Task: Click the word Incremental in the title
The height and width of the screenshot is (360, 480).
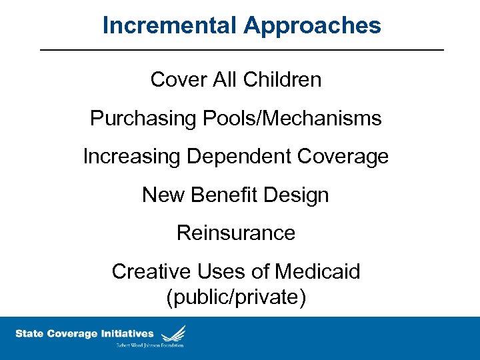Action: pyautogui.click(x=170, y=25)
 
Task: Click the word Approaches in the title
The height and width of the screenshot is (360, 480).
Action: pyautogui.click(x=312, y=25)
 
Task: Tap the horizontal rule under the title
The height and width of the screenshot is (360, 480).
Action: pyautogui.click(x=241, y=50)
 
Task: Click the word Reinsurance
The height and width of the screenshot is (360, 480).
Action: pyautogui.click(x=236, y=233)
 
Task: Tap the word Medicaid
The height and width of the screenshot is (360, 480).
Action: pyautogui.click(x=317, y=271)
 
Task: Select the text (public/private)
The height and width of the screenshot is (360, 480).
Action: pyautogui.click(x=236, y=297)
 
